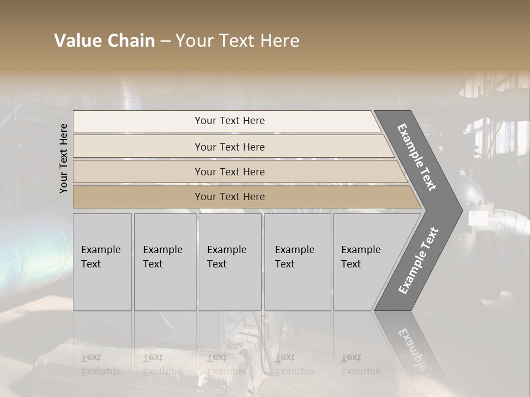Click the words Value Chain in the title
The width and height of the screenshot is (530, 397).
104,41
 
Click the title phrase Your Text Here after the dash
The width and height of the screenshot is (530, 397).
237,41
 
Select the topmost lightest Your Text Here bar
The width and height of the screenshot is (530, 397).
230,121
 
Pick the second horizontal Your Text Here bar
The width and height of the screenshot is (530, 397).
230,147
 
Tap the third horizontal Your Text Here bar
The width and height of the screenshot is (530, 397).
230,171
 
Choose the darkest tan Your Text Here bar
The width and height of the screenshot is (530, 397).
230,197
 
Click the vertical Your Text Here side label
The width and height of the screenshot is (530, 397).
63,158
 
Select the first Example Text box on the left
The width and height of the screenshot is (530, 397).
102,262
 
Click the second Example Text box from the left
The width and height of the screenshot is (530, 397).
165,262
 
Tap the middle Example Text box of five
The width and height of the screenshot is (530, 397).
230,262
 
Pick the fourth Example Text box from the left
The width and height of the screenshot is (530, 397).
297,262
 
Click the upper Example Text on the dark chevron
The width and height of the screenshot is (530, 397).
417,157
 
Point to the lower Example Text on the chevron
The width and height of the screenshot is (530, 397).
418,260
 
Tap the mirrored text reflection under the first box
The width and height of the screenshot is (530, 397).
100,364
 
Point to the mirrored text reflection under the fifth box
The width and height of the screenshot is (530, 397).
361,364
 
